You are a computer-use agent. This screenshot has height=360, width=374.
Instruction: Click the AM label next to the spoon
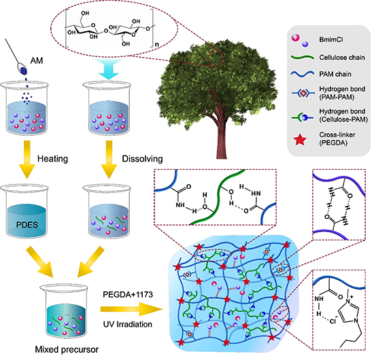(x=37, y=60)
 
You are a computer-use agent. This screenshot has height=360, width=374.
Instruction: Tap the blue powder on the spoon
(x=24, y=70)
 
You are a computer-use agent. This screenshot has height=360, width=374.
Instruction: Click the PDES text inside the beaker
(x=27, y=225)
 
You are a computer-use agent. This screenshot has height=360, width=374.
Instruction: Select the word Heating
(x=53, y=159)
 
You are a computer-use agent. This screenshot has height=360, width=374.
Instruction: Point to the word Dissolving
(x=142, y=159)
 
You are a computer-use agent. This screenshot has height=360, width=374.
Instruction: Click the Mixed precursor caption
(x=67, y=350)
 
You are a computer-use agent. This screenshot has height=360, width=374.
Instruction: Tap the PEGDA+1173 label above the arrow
(x=128, y=295)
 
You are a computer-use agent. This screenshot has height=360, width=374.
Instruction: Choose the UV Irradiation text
(x=128, y=324)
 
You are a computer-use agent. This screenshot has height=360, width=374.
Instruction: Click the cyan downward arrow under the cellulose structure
(x=109, y=69)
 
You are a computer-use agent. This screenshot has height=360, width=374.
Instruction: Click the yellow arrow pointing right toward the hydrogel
(x=131, y=309)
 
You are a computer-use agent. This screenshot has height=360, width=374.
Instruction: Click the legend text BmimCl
(x=331, y=39)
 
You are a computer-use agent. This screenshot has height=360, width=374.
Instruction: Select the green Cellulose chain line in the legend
(x=303, y=58)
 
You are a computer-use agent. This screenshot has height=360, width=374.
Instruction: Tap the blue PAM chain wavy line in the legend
(x=303, y=74)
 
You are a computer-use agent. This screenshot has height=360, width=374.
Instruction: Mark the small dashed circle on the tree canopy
(x=216, y=58)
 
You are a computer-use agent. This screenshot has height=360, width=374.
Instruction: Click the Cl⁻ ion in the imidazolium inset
(x=333, y=321)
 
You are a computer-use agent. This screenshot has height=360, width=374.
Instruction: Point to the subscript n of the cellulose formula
(x=156, y=44)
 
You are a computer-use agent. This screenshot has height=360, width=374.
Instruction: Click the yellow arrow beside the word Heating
(x=27, y=159)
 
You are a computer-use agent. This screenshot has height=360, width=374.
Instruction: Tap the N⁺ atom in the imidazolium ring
(x=348, y=301)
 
